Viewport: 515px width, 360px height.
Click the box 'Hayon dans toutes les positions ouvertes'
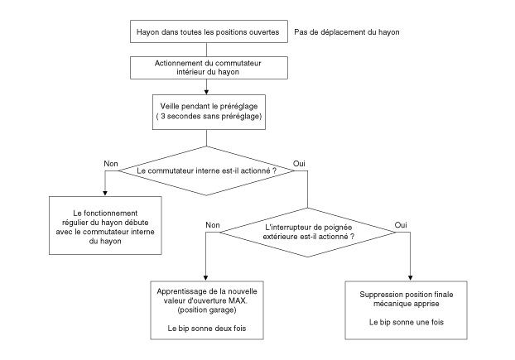pyautogui.click(x=209, y=31)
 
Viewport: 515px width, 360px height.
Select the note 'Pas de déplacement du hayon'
pyautogui.click(x=347, y=32)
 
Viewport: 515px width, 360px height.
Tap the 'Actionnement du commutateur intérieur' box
pyautogui.click(x=209, y=68)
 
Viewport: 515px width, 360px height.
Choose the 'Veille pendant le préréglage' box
pyautogui.click(x=209, y=112)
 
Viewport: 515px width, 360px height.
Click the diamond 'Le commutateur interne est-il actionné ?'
pyautogui.click(x=207, y=170)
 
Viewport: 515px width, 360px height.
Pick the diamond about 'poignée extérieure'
pyautogui.click(x=308, y=233)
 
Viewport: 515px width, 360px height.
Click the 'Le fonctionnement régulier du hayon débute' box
pyautogui.click(x=105, y=225)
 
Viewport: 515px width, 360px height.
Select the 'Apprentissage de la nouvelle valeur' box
pyautogui.click(x=207, y=310)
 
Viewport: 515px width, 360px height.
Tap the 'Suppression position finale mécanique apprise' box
pyautogui.click(x=406, y=310)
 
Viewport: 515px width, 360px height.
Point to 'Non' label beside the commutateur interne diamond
pyautogui.click(x=111, y=163)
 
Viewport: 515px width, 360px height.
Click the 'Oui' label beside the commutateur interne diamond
pyautogui.click(x=299, y=163)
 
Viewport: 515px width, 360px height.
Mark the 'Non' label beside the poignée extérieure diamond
pyautogui.click(x=213, y=225)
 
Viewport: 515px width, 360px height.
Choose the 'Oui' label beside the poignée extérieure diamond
pyautogui.click(x=401, y=225)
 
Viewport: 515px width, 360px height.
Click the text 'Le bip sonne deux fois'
pyautogui.click(x=207, y=329)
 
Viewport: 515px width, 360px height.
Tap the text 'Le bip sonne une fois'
pyautogui.click(x=407, y=322)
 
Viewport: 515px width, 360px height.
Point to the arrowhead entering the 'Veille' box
pyautogui.click(x=207, y=92)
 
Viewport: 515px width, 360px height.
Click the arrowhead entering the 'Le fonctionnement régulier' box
pyautogui.click(x=105, y=194)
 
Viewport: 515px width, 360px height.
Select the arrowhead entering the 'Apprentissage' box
pyautogui.click(x=205, y=278)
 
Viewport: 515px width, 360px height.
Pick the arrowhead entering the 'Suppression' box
pyautogui.click(x=410, y=278)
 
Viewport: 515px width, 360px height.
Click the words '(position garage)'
pyautogui.click(x=207, y=310)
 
